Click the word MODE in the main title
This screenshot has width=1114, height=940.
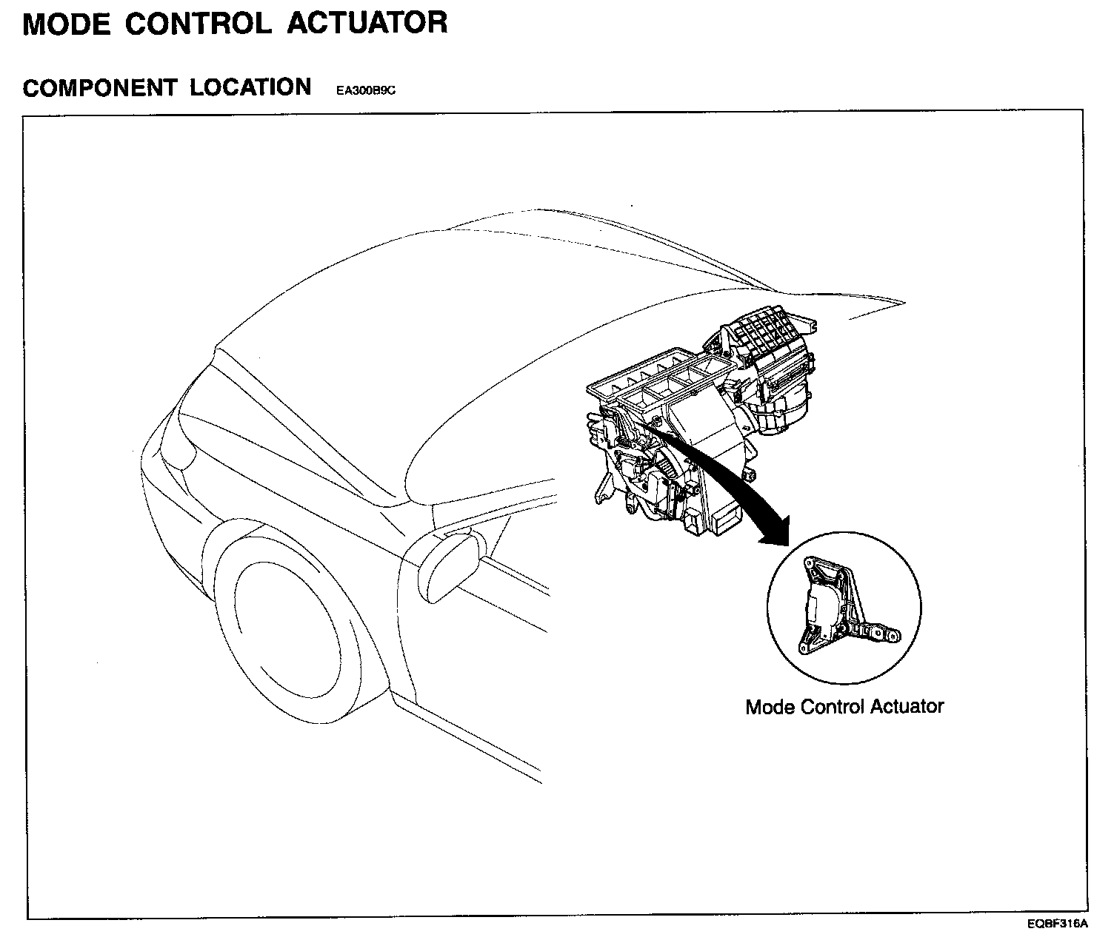tap(66, 23)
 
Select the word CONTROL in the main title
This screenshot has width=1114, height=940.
tap(198, 23)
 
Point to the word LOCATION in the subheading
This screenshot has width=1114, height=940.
tap(250, 87)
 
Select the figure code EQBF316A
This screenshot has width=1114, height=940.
tap(1057, 924)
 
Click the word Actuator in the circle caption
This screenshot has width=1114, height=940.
tap(907, 706)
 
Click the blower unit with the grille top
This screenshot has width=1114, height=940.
tap(770, 348)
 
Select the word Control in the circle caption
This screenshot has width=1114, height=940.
tap(835, 706)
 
